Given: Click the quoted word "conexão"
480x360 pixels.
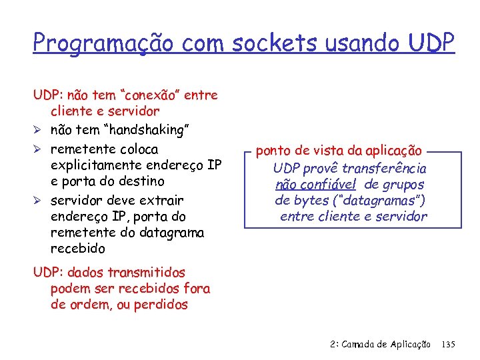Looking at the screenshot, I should coord(148,95).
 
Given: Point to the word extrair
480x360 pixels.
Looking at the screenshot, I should coord(159,200).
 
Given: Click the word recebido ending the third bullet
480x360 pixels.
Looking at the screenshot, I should coord(78,249).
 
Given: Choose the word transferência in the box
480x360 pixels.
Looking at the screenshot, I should coord(384,169).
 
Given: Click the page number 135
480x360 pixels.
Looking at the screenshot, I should coord(448,345).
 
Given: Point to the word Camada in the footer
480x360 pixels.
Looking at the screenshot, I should coord(362,345).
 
